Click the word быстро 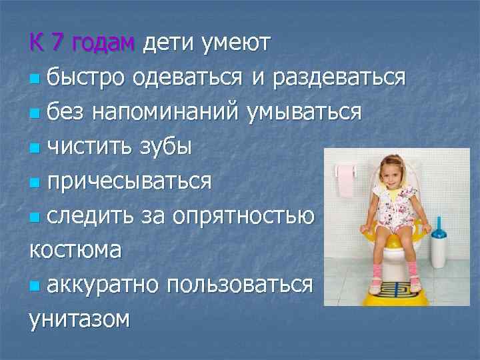click(85, 77)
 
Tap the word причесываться click(129, 181)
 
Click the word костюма click(75, 250)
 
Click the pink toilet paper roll click(345, 181)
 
